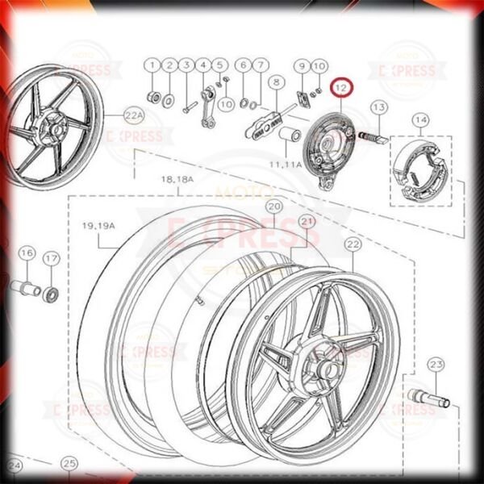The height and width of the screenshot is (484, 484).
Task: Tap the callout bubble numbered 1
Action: coord(152,65)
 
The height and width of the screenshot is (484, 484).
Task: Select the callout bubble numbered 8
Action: coord(276,82)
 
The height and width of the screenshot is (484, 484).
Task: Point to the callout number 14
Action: coord(420,121)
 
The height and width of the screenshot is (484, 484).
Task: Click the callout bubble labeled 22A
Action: coord(134,116)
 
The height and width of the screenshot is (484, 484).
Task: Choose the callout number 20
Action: coord(274,207)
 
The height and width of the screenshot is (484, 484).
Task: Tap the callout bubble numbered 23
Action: coord(436,365)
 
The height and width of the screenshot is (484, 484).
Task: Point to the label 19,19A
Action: coord(99,227)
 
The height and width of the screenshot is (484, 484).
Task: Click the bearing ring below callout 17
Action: coord(50,291)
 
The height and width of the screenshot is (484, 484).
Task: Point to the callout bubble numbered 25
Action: coord(70,463)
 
